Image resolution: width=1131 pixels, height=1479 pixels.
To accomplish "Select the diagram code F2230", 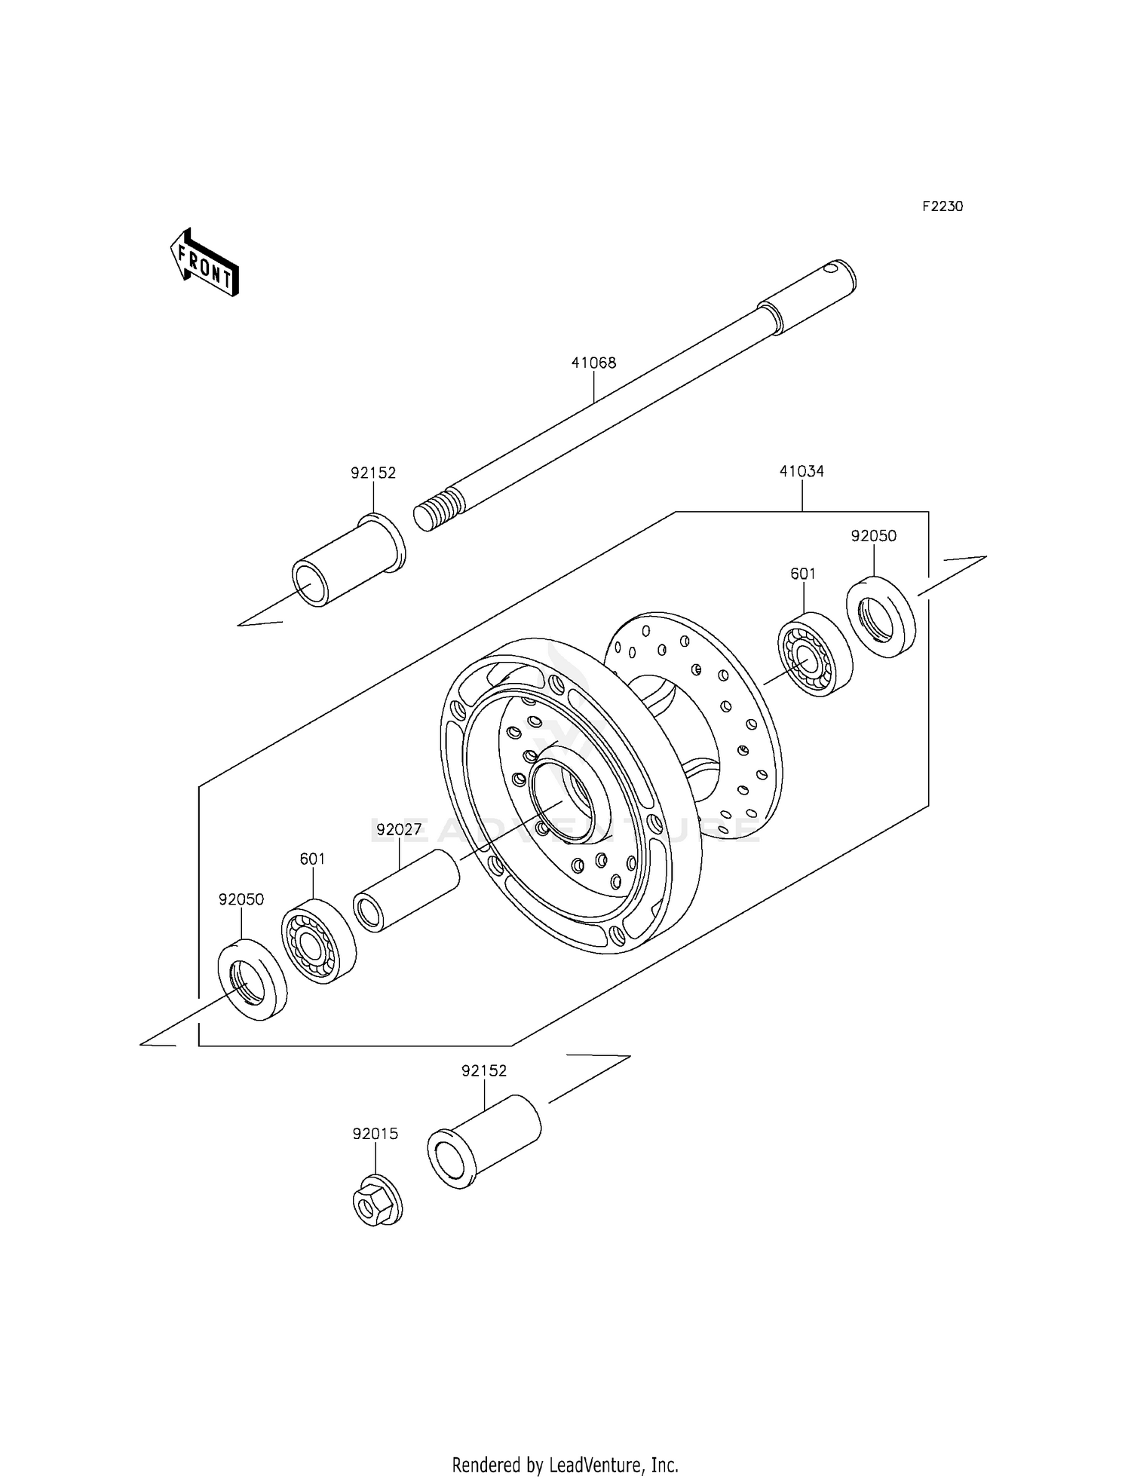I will tap(942, 207).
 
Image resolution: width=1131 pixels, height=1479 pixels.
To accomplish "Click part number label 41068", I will tap(593, 363).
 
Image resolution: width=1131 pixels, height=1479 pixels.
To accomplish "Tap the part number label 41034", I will tap(802, 471).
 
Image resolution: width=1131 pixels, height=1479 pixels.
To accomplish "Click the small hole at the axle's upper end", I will tap(831, 266).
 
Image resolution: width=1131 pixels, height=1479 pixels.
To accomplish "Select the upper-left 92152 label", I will tap(373, 473).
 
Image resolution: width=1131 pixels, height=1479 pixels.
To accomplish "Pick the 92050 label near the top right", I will tap(873, 536).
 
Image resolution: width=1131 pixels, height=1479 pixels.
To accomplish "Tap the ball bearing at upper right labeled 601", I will tap(814, 654).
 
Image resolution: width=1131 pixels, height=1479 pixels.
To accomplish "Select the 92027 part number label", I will tap(399, 830).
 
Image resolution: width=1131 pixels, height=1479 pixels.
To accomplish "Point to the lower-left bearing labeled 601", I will tap(318, 941).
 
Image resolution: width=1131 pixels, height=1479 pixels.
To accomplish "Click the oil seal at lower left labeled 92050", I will tap(252, 979).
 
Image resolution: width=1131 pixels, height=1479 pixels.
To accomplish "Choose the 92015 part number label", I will tap(375, 1134).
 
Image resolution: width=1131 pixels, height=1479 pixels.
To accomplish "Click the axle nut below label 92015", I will tap(376, 1200).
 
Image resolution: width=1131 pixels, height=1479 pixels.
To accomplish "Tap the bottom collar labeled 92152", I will tap(484, 1141).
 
